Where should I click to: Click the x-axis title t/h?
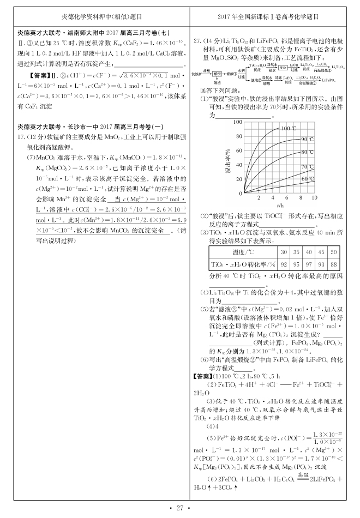280,206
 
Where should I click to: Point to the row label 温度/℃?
243,252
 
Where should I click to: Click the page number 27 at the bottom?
180,508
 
